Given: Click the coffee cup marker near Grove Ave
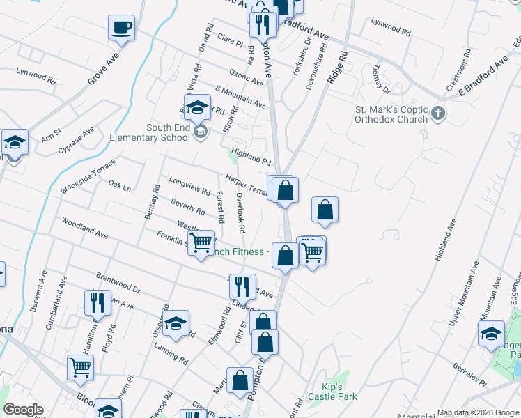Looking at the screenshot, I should coord(121,29).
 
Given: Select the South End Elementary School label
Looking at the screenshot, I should coord(149,132).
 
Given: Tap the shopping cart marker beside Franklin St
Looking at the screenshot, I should coord(201,244).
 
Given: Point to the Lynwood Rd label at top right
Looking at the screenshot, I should coord(391,27).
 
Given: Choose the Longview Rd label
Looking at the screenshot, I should coord(189,185).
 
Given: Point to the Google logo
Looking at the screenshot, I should coord(23,410).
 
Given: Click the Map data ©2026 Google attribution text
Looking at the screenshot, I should coord(478,412).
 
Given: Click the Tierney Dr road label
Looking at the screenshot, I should coord(380,79).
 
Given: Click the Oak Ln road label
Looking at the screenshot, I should coord(120,186).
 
